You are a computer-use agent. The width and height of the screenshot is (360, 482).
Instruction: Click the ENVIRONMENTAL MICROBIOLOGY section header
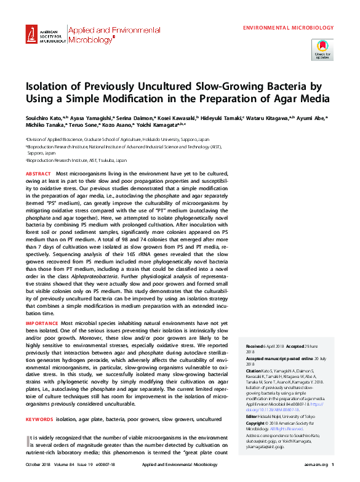pos(289,28)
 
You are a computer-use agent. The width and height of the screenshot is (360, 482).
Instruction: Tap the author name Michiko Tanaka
pos(43,124)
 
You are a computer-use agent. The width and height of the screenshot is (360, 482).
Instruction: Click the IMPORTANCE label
pos(42,323)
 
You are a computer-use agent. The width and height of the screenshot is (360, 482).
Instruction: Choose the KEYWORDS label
pos(39,419)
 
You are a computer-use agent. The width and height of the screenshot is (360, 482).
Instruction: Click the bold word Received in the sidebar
pos(255,347)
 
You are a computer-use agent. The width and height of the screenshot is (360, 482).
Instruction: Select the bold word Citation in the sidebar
pos(254,371)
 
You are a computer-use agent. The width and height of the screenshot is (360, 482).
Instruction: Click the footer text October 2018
pos(39,464)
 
